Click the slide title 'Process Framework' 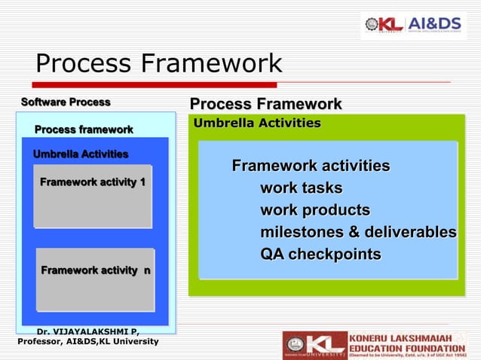(x=158, y=63)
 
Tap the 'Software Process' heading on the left (x=66, y=102)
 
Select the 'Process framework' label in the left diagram (x=84, y=130)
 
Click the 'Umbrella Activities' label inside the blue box (x=81, y=154)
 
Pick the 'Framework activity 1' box (x=93, y=196)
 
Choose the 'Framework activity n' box (x=95, y=279)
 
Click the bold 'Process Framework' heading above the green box (x=265, y=104)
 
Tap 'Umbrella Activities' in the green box (x=257, y=123)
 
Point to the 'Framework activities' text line (x=311, y=166)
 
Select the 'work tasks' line (x=301, y=188)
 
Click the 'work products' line (x=315, y=209)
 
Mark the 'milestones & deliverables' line (x=358, y=232)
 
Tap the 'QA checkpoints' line (x=320, y=254)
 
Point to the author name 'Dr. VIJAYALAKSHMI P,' (x=87, y=331)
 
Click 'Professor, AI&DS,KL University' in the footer (x=87, y=342)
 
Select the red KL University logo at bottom (x=314, y=345)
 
